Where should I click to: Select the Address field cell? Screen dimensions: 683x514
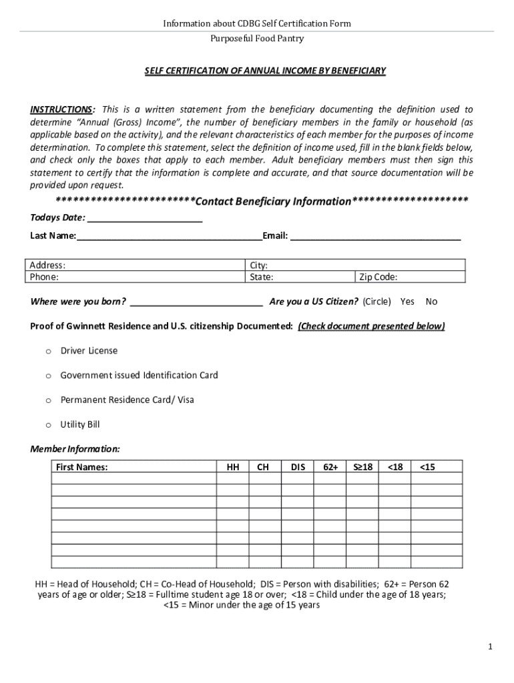click(134, 265)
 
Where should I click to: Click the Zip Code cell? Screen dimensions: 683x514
click(409, 277)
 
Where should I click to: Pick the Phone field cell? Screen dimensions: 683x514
click(134, 277)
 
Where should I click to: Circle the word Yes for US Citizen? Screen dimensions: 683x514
click(407, 301)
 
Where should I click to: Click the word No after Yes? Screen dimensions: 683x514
click(431, 301)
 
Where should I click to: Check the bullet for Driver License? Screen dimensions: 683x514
click(48, 351)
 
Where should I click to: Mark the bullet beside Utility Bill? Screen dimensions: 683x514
click(48, 425)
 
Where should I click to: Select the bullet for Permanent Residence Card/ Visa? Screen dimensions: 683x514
click(48, 400)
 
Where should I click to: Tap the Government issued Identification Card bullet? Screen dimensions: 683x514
click(48, 376)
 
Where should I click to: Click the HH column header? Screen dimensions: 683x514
click(233, 468)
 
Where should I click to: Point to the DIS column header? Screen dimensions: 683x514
click(298, 468)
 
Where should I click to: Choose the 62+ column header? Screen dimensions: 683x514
click(330, 468)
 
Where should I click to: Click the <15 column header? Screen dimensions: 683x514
click(427, 468)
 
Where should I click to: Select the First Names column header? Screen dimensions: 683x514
click(81, 468)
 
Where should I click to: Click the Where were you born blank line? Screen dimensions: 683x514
click(196, 301)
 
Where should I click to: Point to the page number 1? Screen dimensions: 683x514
click(490, 646)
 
